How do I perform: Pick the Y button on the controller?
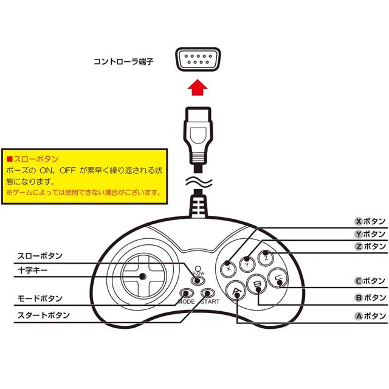[247, 263]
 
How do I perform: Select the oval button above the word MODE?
[186, 292]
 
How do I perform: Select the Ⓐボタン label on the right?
[369, 315]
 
